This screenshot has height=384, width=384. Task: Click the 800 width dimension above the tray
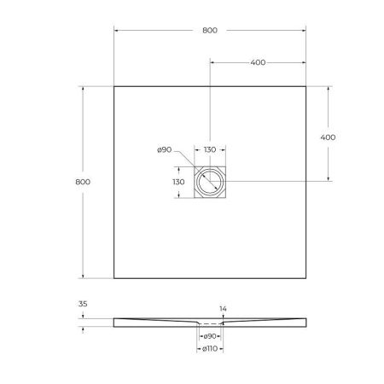(210, 30)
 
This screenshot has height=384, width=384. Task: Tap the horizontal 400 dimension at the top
(257, 63)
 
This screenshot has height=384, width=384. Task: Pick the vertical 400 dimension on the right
(327, 137)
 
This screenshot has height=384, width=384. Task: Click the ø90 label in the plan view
(165, 150)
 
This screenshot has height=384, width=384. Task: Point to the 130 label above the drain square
(210, 150)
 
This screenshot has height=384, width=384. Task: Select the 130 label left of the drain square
(178, 182)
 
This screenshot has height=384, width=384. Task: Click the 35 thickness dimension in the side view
(83, 303)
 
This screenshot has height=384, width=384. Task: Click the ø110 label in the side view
(210, 348)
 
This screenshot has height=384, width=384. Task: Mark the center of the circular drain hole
(210, 182)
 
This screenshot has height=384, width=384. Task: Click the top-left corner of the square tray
(113, 85)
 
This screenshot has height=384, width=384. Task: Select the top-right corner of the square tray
(306, 85)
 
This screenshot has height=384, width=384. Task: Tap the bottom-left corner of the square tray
(113, 278)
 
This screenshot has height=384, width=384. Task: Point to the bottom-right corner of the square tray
(306, 278)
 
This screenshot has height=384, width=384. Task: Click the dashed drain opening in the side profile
(210, 324)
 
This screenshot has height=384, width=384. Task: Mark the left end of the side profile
(114, 321)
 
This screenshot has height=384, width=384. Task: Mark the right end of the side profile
(305, 321)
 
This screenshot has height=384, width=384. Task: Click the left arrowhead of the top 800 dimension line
(116, 31)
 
